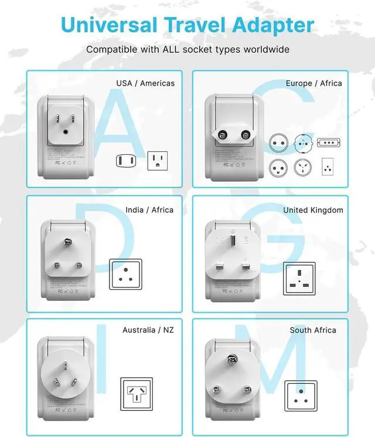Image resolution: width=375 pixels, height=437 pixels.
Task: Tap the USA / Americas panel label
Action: pyautogui.click(x=145, y=83)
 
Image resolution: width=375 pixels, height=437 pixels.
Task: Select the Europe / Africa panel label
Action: pyautogui.click(x=313, y=83)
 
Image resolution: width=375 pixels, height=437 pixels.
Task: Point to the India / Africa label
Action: pyautogui.click(x=149, y=209)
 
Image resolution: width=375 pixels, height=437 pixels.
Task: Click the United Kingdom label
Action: pyautogui.click(x=313, y=209)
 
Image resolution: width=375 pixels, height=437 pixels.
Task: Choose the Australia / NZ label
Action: pyautogui.click(x=148, y=330)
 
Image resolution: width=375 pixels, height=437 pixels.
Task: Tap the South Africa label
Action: pyautogui.click(x=313, y=330)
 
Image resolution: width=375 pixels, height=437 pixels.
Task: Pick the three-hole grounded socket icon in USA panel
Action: pyautogui.click(x=157, y=160)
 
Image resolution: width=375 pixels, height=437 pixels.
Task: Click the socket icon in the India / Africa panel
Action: pyautogui.click(x=126, y=273)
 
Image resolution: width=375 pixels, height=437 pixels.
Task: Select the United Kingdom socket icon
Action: pyautogui.click(x=299, y=279)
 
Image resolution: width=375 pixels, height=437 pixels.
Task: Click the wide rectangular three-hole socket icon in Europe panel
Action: pyautogui.click(x=328, y=143)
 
